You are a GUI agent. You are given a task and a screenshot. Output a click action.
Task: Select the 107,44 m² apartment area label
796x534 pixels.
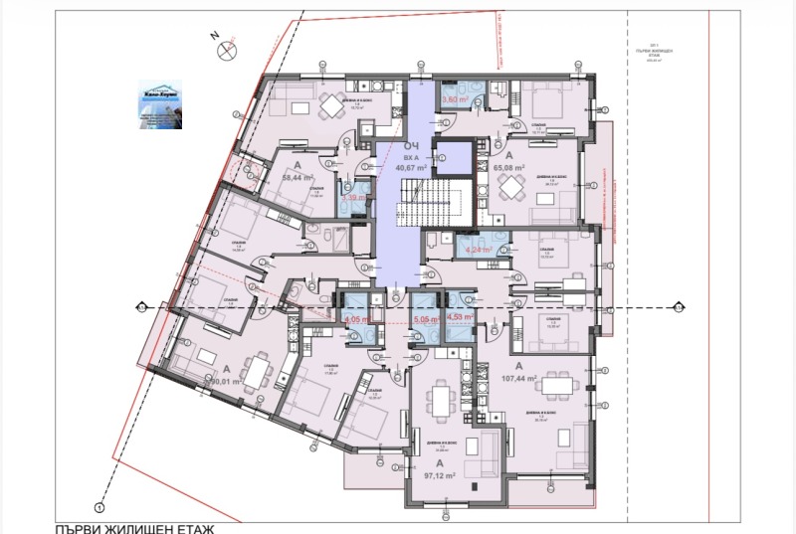coord(518,379)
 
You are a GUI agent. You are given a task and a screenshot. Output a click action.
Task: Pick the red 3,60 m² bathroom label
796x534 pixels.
coord(455,100)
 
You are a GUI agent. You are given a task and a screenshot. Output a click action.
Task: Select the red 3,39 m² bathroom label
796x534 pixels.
coord(353,199)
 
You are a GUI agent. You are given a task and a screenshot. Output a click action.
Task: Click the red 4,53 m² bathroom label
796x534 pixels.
coord(461,319)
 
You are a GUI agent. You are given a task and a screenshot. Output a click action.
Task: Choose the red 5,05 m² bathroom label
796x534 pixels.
coord(425,320)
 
